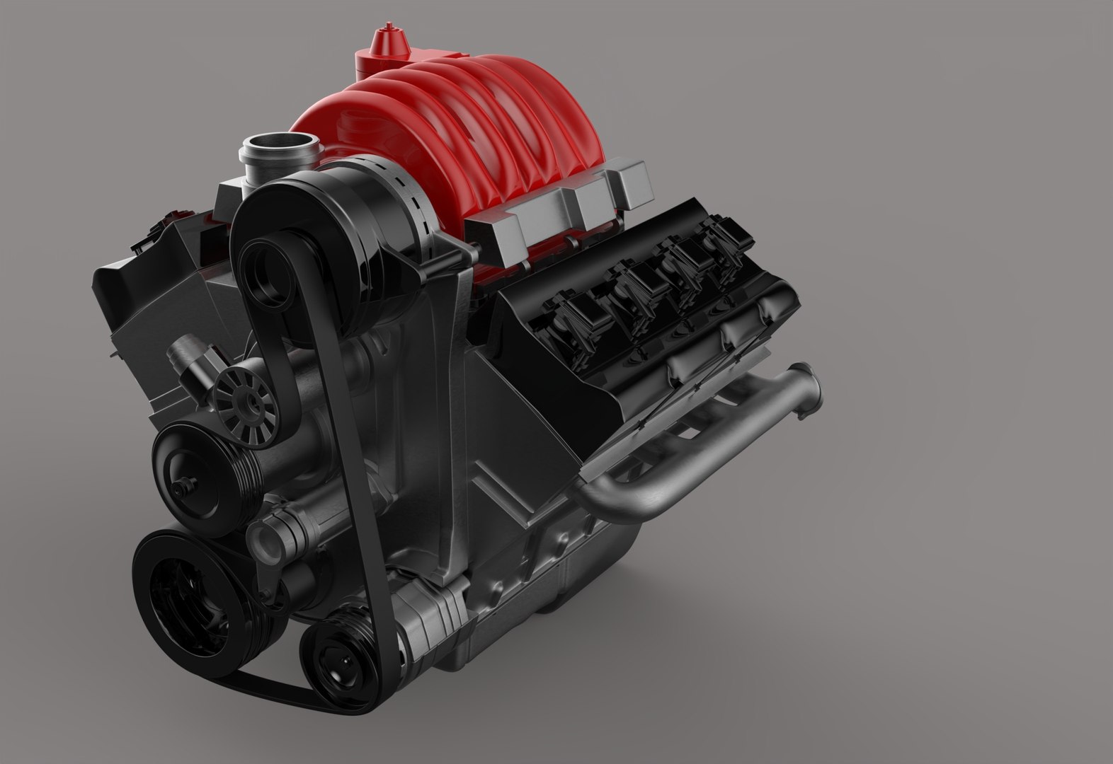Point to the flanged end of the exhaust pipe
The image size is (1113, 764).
(809, 387)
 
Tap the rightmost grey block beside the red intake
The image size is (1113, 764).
(632, 182)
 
